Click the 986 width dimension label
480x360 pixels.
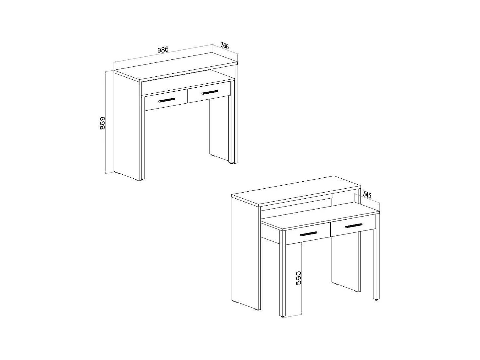163,49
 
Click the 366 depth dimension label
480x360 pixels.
225,46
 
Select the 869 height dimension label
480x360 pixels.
102,123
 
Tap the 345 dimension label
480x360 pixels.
367,194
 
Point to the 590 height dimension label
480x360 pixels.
298,278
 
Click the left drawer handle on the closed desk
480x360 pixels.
167,100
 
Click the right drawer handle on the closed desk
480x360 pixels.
210,92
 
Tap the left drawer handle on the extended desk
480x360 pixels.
309,234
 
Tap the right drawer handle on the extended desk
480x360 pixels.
354,226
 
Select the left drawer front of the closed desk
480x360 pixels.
166,100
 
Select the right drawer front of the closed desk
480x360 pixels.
209,92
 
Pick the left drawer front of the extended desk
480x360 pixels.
308,233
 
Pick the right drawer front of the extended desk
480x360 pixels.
353,225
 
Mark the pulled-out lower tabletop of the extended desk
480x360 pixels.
321,216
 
